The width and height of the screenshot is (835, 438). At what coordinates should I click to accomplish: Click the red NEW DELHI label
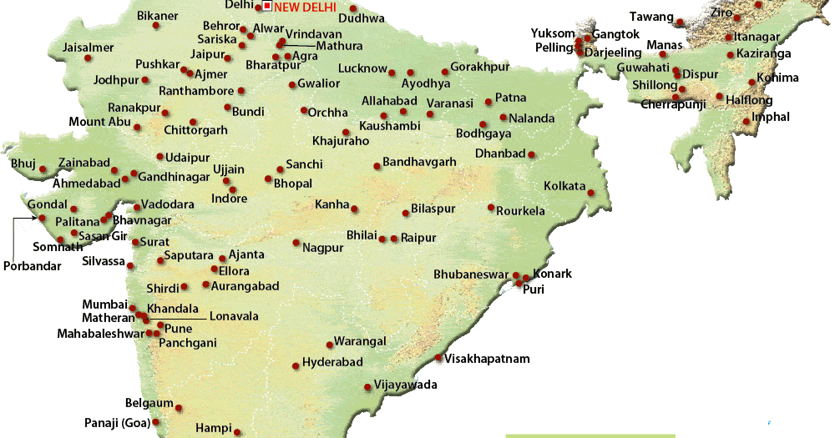coord(306,8)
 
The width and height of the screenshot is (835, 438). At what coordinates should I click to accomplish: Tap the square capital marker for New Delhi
coord(267,7)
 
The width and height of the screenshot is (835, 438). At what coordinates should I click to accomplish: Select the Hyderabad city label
coord(332,362)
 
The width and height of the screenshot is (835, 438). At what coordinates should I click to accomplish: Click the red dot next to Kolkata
coord(590,193)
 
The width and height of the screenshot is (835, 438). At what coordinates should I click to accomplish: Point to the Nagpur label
coord(323,248)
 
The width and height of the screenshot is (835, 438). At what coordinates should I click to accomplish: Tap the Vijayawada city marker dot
coord(367,386)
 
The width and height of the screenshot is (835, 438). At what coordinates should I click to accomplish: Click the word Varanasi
coord(450,103)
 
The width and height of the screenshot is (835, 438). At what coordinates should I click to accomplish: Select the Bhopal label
coord(293,184)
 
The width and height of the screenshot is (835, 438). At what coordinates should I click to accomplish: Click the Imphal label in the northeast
coord(771,118)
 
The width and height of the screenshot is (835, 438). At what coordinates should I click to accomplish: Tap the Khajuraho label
coord(340,141)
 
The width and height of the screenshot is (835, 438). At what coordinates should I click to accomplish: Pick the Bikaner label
coord(157,16)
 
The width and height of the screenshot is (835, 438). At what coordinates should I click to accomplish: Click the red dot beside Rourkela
coord(491,208)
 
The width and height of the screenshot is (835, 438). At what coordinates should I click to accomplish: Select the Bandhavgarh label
coord(419,162)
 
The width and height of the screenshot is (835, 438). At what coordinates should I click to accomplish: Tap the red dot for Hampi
coord(237,432)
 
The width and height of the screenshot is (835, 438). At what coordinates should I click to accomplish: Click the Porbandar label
coord(31,266)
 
